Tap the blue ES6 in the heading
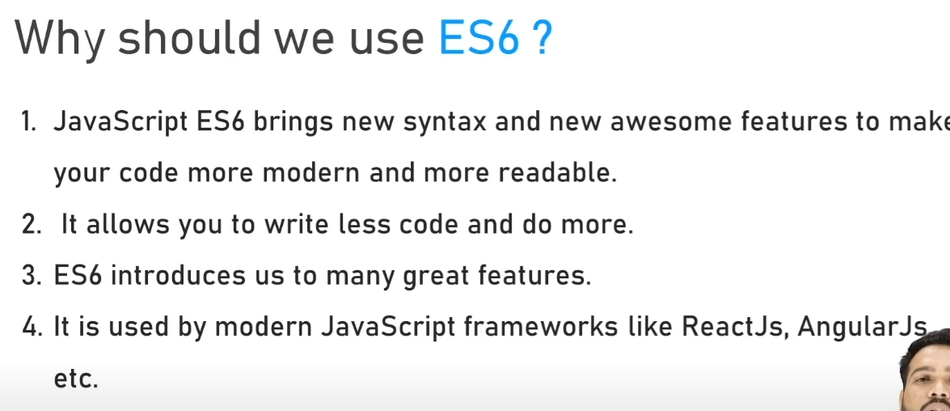tap(479, 37)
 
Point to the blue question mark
tap(542, 37)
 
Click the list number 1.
tap(28, 122)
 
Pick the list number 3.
tap(30, 276)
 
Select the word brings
tap(293, 124)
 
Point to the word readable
tap(557, 173)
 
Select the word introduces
tap(178, 276)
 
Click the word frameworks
tap(540, 327)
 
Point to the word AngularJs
tap(862, 328)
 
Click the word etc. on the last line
tap(76, 379)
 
